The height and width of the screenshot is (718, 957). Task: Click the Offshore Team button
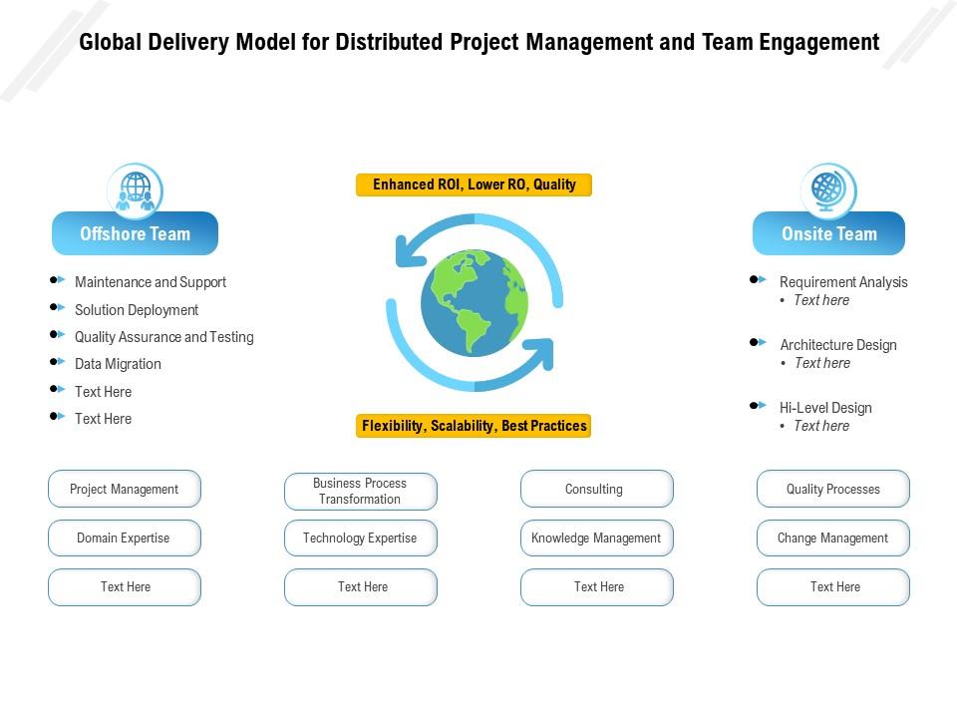[135, 234]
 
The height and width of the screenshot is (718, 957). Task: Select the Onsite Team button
[828, 234]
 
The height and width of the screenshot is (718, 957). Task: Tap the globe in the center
[475, 303]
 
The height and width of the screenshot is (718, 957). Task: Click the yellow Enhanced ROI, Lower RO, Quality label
[474, 184]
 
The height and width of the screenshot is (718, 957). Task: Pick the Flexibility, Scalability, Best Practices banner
[474, 426]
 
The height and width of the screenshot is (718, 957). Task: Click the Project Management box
[125, 490]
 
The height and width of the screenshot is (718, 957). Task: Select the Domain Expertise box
[125, 538]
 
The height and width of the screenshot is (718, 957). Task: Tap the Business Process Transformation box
[360, 491]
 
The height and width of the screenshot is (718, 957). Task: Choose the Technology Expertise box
[360, 538]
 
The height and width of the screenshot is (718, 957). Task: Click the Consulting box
[596, 490]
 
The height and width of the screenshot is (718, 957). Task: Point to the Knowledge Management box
[596, 538]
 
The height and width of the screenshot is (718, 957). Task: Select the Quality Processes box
[832, 490]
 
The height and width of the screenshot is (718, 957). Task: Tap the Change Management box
[832, 538]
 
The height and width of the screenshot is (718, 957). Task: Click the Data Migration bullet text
[118, 364]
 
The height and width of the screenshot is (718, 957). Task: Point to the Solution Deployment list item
[137, 310]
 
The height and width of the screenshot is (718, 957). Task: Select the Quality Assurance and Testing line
[163, 337]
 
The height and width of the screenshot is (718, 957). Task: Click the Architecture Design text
[838, 345]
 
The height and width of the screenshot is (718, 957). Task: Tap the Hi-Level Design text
[825, 408]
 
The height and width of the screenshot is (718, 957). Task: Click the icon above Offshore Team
[135, 189]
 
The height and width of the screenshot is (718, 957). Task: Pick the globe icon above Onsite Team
[827, 189]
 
